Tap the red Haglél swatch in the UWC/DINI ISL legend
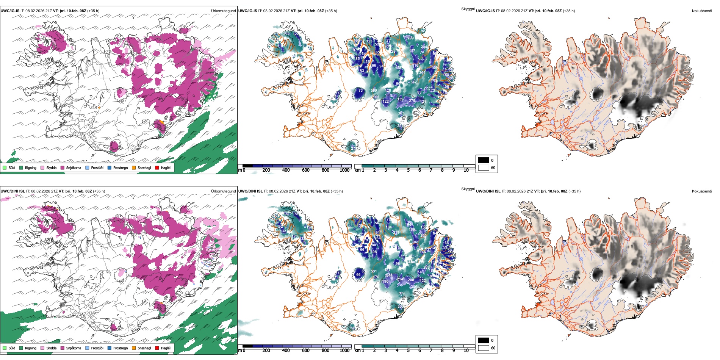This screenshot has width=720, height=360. (157, 348)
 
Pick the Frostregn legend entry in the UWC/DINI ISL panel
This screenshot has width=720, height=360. (120, 348)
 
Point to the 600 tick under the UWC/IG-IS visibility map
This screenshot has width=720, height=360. (306, 170)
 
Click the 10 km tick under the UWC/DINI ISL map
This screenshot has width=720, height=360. (466, 351)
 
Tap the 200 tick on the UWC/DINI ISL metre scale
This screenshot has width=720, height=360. (266, 351)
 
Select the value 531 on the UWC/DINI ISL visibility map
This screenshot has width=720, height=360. (374, 271)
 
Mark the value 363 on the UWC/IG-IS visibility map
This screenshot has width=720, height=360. (401, 113)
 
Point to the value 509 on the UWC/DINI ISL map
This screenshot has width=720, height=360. (401, 293)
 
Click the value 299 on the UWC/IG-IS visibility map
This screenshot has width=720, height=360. (411, 38)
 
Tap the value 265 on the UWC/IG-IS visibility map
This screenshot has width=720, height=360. (286, 33)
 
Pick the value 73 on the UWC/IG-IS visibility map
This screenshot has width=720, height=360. (360, 91)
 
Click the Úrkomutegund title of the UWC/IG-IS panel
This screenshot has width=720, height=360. (223, 11)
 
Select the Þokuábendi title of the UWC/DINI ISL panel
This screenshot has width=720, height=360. (702, 191)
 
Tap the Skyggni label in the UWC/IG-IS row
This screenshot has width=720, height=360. (468, 9)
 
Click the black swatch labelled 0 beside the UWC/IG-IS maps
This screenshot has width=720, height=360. (484, 160)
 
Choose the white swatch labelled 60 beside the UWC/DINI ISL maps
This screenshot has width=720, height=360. (484, 348)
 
